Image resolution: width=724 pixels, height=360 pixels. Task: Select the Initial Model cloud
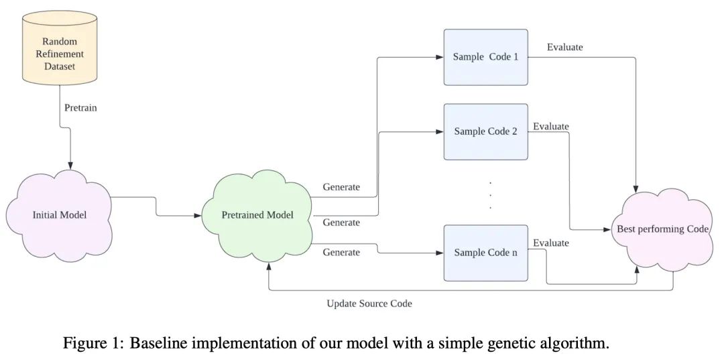[60, 215]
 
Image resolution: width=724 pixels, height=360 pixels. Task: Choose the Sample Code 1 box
[486, 57]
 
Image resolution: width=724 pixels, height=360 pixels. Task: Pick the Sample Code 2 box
[486, 131]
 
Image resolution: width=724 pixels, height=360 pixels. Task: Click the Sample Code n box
[486, 253]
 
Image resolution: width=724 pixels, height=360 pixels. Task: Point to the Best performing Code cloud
[662, 229]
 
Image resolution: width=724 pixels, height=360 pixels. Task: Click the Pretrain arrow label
[80, 107]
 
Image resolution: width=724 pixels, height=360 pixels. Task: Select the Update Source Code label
[369, 304]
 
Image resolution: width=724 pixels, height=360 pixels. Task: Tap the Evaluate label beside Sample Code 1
[564, 47]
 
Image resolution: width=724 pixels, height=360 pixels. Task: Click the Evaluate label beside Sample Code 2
[550, 126]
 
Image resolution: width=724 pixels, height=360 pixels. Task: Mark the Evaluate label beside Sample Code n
[550, 243]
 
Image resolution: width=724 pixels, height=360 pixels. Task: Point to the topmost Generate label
[341, 187]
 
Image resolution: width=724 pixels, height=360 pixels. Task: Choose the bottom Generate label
[341, 252]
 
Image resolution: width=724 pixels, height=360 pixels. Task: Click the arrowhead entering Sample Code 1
[440, 57]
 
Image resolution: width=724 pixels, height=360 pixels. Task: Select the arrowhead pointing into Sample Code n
[440, 253]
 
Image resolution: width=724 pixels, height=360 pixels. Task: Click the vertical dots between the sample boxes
[490, 194]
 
